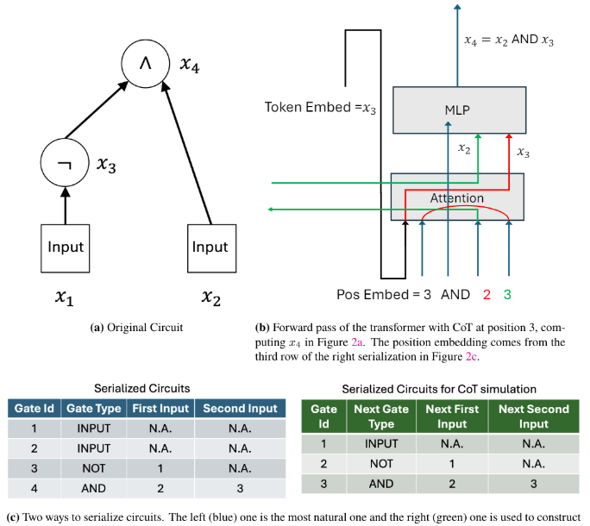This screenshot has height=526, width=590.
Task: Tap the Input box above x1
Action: click(x=66, y=247)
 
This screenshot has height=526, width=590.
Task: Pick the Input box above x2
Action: click(x=210, y=247)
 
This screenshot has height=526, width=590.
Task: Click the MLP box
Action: click(x=458, y=110)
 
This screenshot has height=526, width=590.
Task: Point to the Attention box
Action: click(x=456, y=197)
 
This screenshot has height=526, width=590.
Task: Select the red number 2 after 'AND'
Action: click(x=487, y=294)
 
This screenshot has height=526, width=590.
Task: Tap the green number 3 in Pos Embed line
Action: click(x=508, y=294)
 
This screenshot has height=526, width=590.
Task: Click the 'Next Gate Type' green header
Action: click(x=380, y=416)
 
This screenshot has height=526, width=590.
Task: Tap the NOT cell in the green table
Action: click(x=380, y=465)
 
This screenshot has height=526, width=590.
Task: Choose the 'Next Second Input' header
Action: click(x=534, y=416)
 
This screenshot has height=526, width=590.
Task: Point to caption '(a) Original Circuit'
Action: click(x=136, y=328)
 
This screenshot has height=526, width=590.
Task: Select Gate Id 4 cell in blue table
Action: click(x=32, y=488)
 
